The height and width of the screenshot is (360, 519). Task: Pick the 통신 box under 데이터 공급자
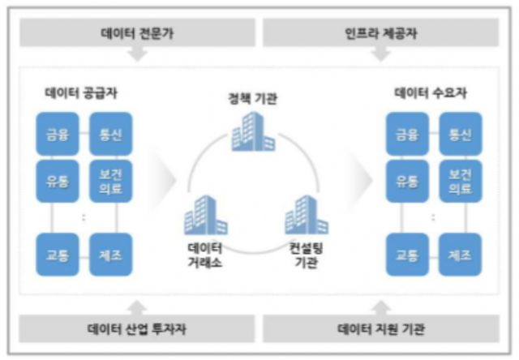coord(109,134)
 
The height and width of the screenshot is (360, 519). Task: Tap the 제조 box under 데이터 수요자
coord(460,254)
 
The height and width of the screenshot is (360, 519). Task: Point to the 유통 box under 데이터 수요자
coord(408,180)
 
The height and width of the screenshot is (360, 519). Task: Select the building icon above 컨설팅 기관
coord(305,214)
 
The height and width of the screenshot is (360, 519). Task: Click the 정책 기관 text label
coord(252,99)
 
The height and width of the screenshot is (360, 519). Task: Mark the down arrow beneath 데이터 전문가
coord(138,54)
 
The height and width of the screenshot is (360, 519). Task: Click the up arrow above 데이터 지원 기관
coord(380,306)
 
